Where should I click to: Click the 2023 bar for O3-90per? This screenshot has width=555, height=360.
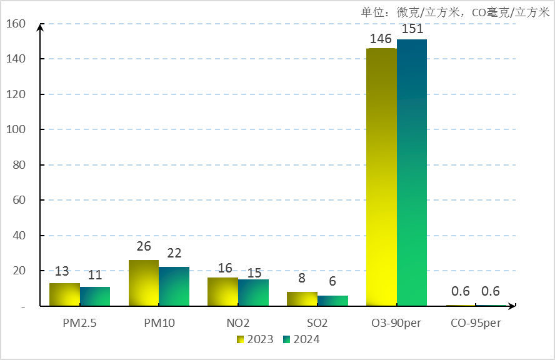pos(381,177)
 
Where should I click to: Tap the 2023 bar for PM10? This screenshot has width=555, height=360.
pos(144,282)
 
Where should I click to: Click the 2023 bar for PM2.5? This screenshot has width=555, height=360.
pos(64,294)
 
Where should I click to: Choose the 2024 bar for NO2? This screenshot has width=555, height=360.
pos(253,292)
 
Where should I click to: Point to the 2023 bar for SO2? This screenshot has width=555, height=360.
pos(302,299)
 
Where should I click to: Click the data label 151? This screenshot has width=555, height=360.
pos(413,29)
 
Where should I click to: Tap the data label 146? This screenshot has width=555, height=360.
pos(381,39)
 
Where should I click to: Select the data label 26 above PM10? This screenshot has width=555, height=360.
pos(144,247)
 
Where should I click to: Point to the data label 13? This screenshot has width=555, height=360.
pos(62,271)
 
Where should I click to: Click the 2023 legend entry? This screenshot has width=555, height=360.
pos(255,339)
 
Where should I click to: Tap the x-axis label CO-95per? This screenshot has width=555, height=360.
pos(476,323)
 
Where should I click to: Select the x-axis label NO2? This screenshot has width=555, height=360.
pos(238,323)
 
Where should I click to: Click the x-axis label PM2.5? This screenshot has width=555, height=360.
pos(79,323)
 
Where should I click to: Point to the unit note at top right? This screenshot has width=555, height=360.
pos(454,12)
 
